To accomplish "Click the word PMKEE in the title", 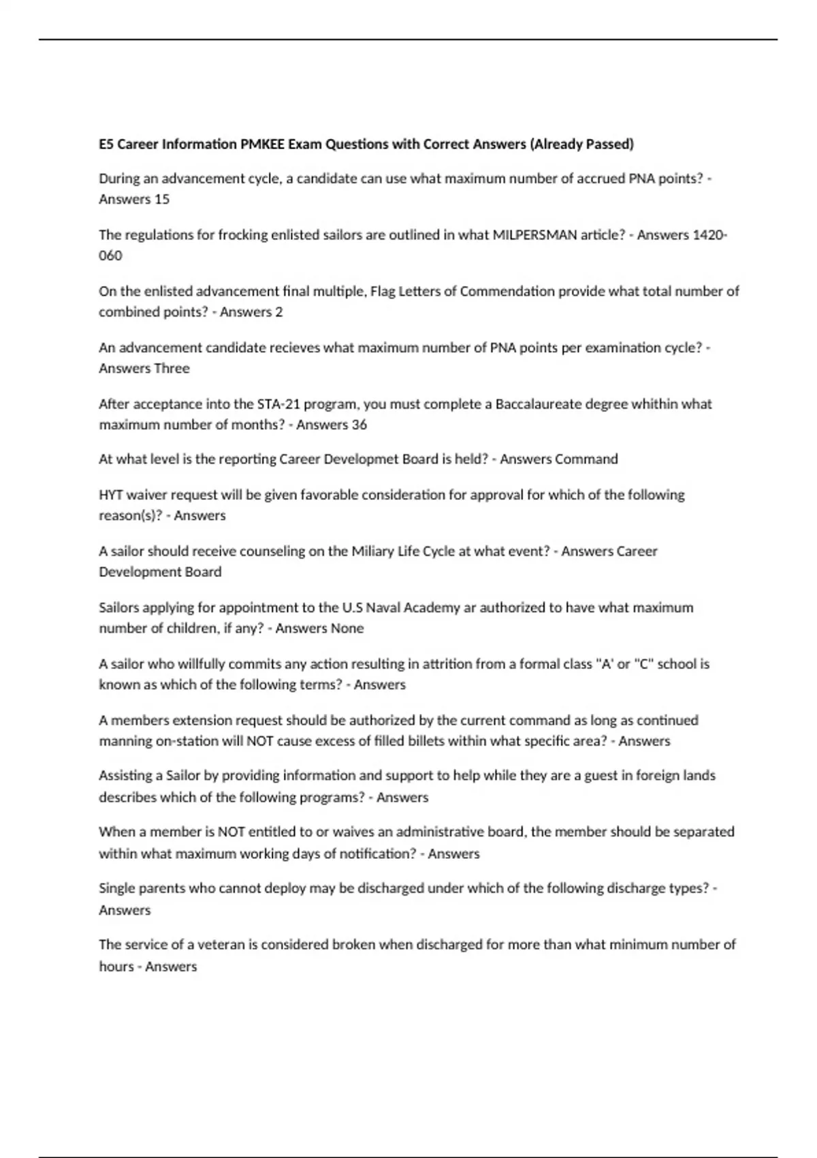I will point(262,144).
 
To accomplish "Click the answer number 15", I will point(161,199).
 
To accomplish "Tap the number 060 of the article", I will point(110,255).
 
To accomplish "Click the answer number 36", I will point(359,424).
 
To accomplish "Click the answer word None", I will point(347,628).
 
